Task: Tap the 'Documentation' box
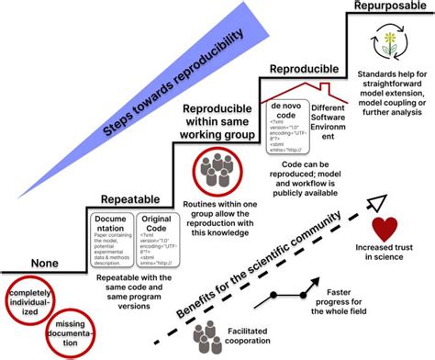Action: [114, 237]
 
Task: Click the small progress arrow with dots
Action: [284, 301]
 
